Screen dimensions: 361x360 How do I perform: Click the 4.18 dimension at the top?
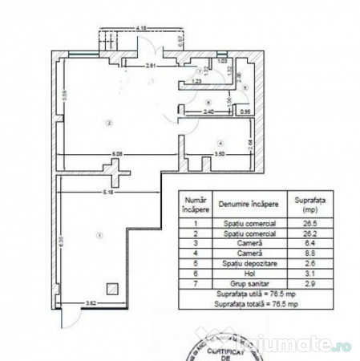pos(141,28)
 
